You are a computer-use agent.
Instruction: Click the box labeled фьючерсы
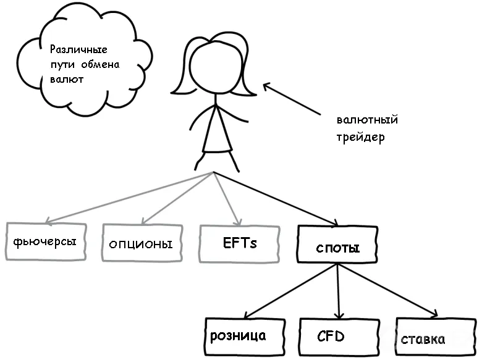point(46,241)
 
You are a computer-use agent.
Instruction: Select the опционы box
point(142,243)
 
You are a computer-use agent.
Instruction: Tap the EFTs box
point(240,244)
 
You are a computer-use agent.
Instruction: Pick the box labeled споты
point(337,245)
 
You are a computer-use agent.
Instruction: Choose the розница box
point(245,337)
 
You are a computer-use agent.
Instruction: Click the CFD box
point(339,337)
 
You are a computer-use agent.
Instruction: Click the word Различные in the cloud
point(78,49)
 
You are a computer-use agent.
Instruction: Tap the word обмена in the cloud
point(101,64)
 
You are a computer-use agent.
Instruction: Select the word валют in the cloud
point(67,80)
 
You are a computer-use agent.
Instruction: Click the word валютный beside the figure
point(367,120)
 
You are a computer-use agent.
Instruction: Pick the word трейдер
point(360,137)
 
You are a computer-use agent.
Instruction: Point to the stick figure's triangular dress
point(217,132)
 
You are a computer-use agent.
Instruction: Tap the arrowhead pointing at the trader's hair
point(267,86)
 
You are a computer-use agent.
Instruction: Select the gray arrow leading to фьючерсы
point(129,197)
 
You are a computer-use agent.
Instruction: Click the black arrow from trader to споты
point(276,199)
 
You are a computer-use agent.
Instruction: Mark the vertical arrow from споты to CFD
point(338,291)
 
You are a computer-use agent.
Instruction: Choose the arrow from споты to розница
point(291,291)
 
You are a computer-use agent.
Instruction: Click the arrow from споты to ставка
point(388,290)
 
